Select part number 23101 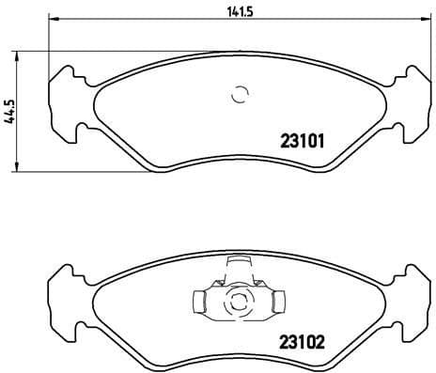click(303, 143)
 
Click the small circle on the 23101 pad click(238, 93)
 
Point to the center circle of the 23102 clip click(238, 303)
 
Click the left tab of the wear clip click(199, 302)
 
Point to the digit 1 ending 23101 click(320, 143)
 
